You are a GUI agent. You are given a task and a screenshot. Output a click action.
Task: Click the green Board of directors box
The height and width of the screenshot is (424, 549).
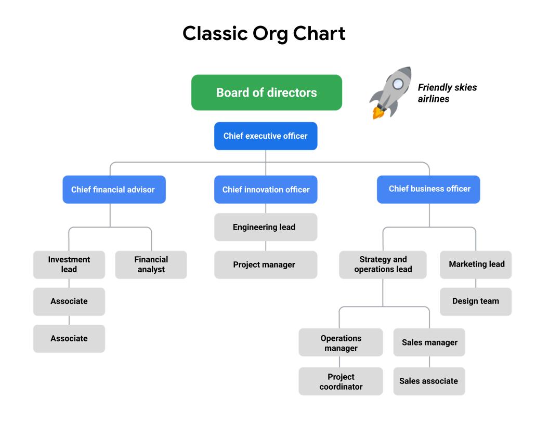click(266, 92)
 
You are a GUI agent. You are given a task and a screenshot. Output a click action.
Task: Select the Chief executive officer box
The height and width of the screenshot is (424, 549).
click(266, 136)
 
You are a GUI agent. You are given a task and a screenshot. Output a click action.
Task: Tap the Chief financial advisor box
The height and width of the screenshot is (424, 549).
click(114, 190)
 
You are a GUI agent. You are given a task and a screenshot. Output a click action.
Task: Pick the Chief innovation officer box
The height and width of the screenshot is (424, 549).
click(266, 190)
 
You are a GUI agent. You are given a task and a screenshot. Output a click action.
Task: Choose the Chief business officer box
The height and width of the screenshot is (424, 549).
click(428, 189)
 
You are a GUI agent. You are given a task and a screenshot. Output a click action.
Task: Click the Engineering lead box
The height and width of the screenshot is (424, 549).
click(266, 227)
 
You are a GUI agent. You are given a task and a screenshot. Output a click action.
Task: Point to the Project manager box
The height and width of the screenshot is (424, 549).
click(266, 264)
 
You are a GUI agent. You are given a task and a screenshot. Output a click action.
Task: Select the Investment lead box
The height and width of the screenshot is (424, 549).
click(69, 264)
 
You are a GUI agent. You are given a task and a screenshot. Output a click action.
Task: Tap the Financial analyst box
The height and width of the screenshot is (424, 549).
click(151, 264)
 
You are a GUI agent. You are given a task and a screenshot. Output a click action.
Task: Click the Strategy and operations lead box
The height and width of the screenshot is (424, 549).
click(383, 264)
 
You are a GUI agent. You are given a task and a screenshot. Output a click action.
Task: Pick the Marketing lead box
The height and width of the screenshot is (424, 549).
click(476, 264)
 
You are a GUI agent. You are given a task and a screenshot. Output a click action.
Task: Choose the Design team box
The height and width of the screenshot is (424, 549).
click(476, 301)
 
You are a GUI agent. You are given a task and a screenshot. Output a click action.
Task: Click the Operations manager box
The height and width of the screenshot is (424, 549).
click(341, 342)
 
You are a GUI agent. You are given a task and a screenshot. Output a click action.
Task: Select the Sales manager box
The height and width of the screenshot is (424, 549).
click(429, 342)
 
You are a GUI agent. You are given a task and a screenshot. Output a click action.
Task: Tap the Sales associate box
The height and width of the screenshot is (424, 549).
click(429, 381)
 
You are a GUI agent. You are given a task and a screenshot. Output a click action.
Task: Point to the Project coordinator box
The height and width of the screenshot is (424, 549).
click(341, 381)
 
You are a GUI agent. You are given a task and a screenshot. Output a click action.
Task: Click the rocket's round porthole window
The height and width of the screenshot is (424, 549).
click(398, 83)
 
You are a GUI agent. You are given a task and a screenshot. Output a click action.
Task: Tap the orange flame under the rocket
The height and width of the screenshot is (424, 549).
click(376, 112)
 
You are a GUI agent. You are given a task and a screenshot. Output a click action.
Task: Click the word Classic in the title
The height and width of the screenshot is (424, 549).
click(215, 34)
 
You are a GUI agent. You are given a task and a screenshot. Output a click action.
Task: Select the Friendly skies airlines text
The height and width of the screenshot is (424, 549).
click(447, 93)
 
